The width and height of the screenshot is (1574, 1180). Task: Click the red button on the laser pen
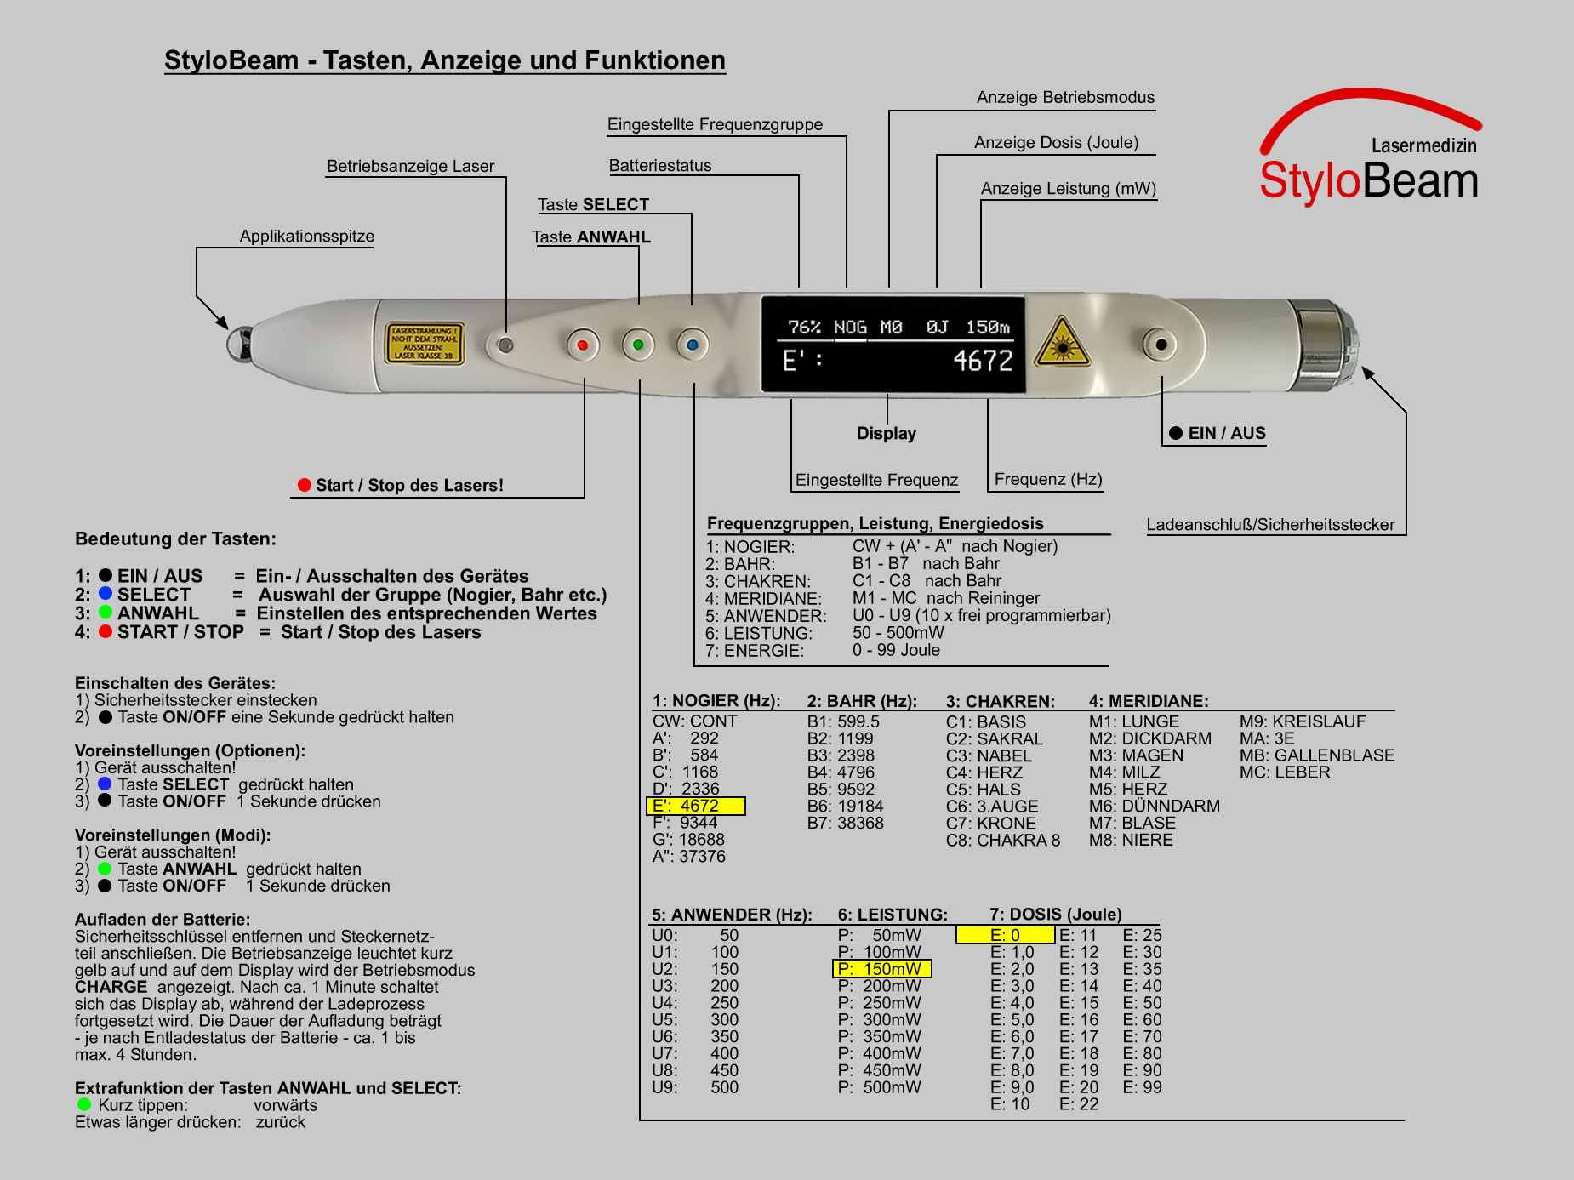[x=583, y=345]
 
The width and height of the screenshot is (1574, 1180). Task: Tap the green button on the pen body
[x=638, y=345]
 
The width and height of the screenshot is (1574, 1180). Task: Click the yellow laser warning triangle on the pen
[x=1061, y=344]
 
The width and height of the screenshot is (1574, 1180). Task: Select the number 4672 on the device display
[x=983, y=361]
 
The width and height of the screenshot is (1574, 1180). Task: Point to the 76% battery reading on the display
[x=804, y=328]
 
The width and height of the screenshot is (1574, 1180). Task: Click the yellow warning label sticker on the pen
[x=425, y=343]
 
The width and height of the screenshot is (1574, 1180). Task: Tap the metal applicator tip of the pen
[x=238, y=344]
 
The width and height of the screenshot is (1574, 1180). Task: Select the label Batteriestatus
[x=660, y=166]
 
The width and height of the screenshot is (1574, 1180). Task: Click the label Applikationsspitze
[x=306, y=237]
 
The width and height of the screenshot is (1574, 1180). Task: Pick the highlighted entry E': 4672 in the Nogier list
[x=696, y=806]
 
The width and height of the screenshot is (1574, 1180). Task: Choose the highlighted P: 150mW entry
[x=881, y=969]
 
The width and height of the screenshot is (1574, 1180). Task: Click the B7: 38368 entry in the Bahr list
[x=845, y=823]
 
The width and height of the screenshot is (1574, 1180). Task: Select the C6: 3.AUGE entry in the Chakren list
[x=992, y=806]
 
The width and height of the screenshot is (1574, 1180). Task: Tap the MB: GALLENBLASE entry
[x=1316, y=755]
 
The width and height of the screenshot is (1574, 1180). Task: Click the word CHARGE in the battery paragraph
[x=111, y=987]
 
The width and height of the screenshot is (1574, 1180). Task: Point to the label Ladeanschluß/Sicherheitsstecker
[x=1269, y=525]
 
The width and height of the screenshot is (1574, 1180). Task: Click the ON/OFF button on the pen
[x=1161, y=345]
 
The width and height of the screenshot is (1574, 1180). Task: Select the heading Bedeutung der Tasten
[x=175, y=539]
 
